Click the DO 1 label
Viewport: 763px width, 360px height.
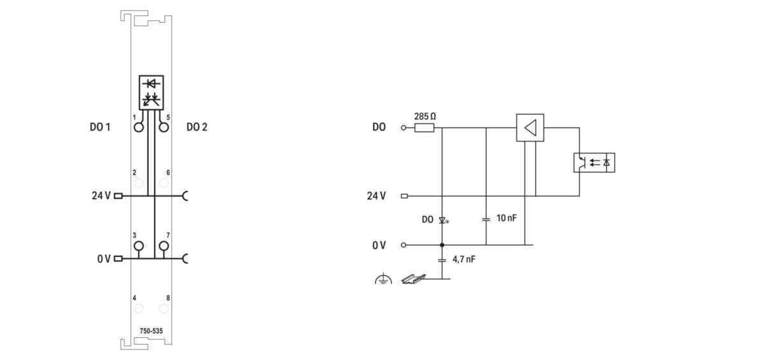tap(100, 127)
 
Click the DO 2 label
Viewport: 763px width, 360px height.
tap(197, 127)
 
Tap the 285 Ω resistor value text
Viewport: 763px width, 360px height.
tap(424, 117)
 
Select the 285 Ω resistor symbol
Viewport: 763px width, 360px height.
tap(424, 128)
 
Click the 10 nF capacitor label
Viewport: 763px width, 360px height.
tap(506, 218)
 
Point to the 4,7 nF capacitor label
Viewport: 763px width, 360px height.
tap(464, 260)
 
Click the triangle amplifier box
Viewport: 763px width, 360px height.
tap(530, 128)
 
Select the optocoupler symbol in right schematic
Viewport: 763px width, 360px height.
tap(594, 163)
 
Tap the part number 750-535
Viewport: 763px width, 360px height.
tap(151, 331)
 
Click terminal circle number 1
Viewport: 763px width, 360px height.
tap(139, 127)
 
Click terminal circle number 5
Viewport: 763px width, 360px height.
tap(164, 127)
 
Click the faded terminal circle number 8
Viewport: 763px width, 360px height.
tap(164, 308)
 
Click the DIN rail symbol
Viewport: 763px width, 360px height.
tap(413, 279)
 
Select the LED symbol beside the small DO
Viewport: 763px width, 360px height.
tap(443, 220)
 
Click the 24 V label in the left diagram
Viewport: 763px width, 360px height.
tap(101, 196)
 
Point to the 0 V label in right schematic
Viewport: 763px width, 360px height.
tap(379, 245)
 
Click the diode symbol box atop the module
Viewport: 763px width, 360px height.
tap(151, 92)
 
